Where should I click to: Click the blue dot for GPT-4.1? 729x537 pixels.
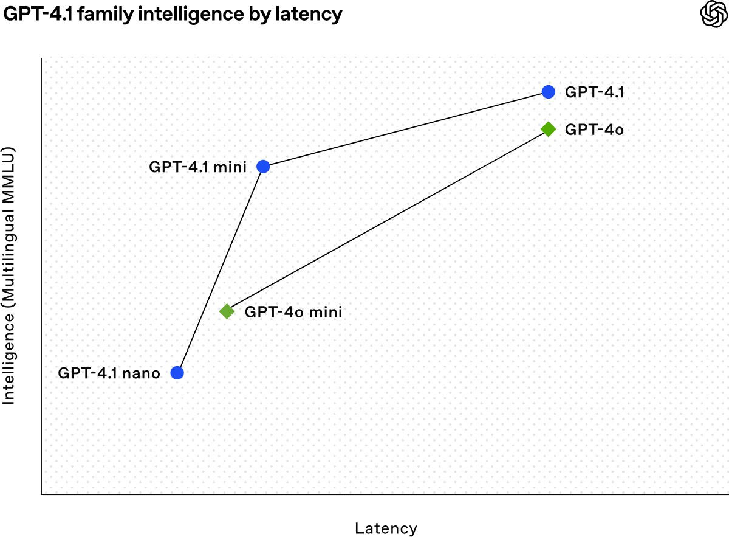(548, 92)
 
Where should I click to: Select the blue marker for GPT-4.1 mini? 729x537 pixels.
(262, 166)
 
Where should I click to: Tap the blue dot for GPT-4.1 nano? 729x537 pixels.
(177, 373)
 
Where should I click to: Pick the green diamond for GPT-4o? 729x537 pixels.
(548, 129)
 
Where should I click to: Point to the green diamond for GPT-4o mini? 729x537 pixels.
(227, 311)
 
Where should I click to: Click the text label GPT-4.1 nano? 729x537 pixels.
(109, 373)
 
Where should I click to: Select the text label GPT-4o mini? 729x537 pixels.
(293, 312)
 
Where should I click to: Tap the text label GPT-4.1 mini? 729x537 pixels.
(197, 167)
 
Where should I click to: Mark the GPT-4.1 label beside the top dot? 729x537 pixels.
(595, 92)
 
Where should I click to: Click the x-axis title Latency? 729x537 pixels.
(386, 528)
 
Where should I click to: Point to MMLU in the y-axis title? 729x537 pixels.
(9, 172)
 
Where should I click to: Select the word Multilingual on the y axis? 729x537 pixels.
(9, 255)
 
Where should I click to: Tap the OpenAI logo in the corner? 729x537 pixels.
(713, 14)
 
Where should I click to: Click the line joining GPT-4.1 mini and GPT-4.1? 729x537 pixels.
(405, 129)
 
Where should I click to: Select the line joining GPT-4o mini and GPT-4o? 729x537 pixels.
(387, 220)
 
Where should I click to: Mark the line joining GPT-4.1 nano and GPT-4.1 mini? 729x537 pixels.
(219, 269)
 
